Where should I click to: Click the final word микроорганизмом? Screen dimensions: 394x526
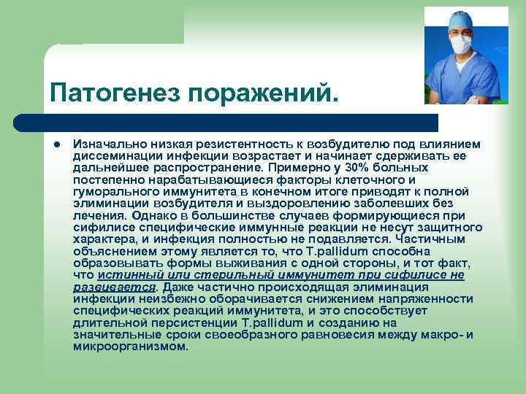click(x=131, y=346)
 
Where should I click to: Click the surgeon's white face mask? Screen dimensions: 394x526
click(x=460, y=45)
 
